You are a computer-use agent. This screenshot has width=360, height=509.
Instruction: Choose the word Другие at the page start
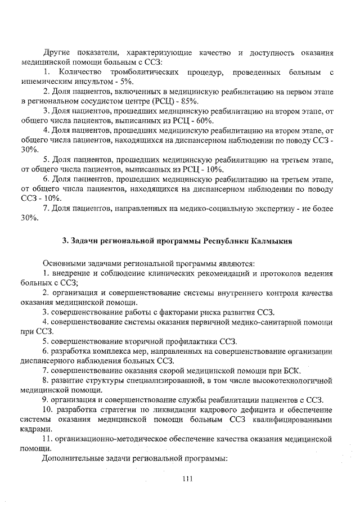(57, 52)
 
